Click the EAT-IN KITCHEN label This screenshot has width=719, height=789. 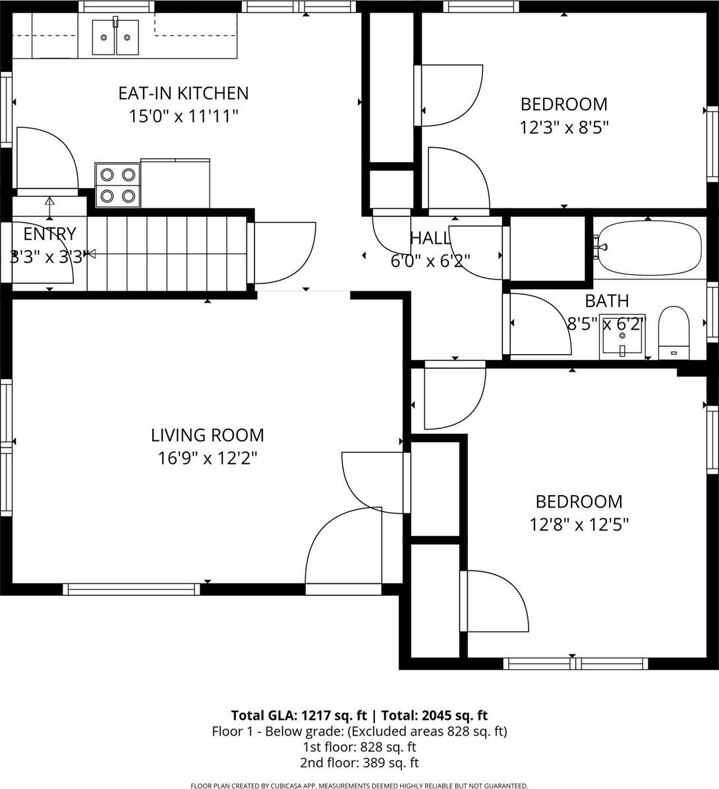pos(183,94)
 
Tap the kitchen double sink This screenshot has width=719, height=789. pos(115,38)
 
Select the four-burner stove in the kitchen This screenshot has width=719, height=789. pos(117,185)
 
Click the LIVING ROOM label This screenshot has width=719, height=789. pos(208,435)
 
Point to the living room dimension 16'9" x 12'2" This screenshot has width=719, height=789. pos(208,458)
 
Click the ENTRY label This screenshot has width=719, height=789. pos(49,234)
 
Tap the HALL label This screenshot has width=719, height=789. pos(430,238)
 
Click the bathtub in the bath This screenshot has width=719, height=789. pos(649,248)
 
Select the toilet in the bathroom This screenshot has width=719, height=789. pos(674,333)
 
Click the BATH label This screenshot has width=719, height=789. pos(607,301)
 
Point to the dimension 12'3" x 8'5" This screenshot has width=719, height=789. pos(563,127)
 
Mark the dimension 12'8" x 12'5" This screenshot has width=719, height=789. pos(579,525)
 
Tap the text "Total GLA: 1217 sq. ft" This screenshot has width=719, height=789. pos(300,715)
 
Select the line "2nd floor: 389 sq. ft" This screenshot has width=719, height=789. pos(359,763)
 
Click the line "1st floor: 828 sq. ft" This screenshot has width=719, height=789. pos(359,747)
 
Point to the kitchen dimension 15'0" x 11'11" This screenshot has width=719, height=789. pos(183,117)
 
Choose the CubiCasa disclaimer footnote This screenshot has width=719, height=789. pos(359,785)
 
